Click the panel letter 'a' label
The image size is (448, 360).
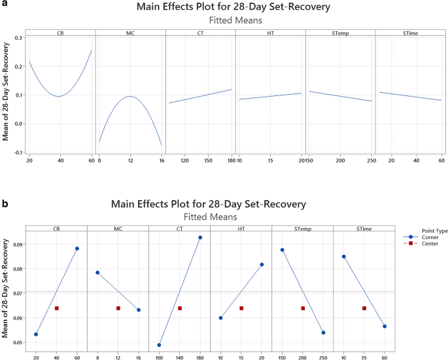coord(5,5)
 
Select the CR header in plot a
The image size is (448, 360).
coord(60,32)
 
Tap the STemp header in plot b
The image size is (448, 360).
coord(302,228)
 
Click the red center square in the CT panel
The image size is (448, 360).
coord(180,308)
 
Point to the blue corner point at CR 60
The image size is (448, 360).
coord(77,248)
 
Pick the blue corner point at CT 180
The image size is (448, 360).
coord(200,237)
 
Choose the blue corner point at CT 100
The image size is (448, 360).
coord(159,345)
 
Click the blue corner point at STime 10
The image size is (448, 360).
coord(343,257)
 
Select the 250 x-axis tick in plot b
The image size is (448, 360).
coord(323,357)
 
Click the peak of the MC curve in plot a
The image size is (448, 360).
coord(130,97)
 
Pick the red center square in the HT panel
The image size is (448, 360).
coord(241,308)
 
